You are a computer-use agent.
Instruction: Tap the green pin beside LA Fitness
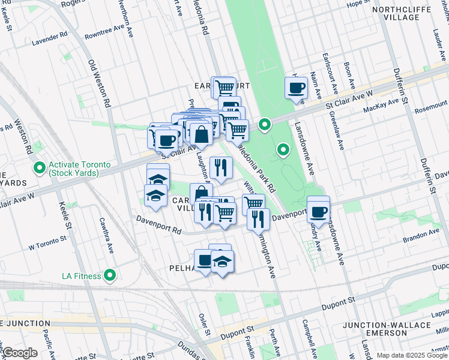click(110, 276)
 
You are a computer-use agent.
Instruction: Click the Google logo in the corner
click(20, 353)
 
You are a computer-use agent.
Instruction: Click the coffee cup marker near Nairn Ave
click(296, 88)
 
